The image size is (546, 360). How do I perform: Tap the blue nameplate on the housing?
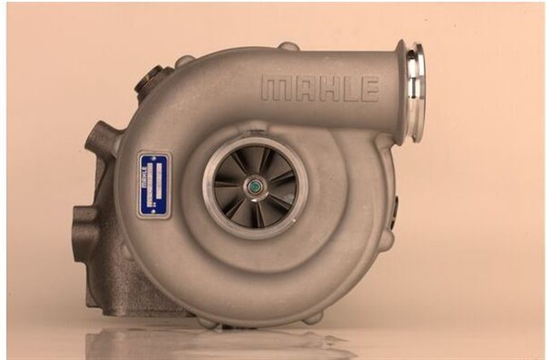[154, 185]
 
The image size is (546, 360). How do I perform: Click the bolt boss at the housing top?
[288, 46]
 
